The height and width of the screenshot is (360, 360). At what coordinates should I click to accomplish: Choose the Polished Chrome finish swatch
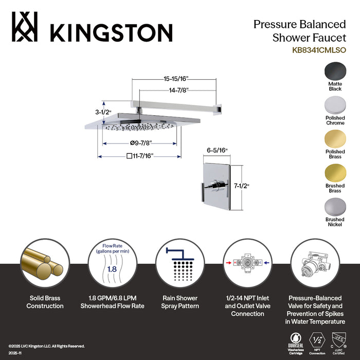(335, 106)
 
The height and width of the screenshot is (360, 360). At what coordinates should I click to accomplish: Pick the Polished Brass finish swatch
(335, 139)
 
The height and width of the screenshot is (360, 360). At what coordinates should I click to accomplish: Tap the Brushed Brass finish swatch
(335, 174)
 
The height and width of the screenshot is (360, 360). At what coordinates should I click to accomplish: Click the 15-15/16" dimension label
(173, 79)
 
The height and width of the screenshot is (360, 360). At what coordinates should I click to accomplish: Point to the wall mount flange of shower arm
(220, 107)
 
